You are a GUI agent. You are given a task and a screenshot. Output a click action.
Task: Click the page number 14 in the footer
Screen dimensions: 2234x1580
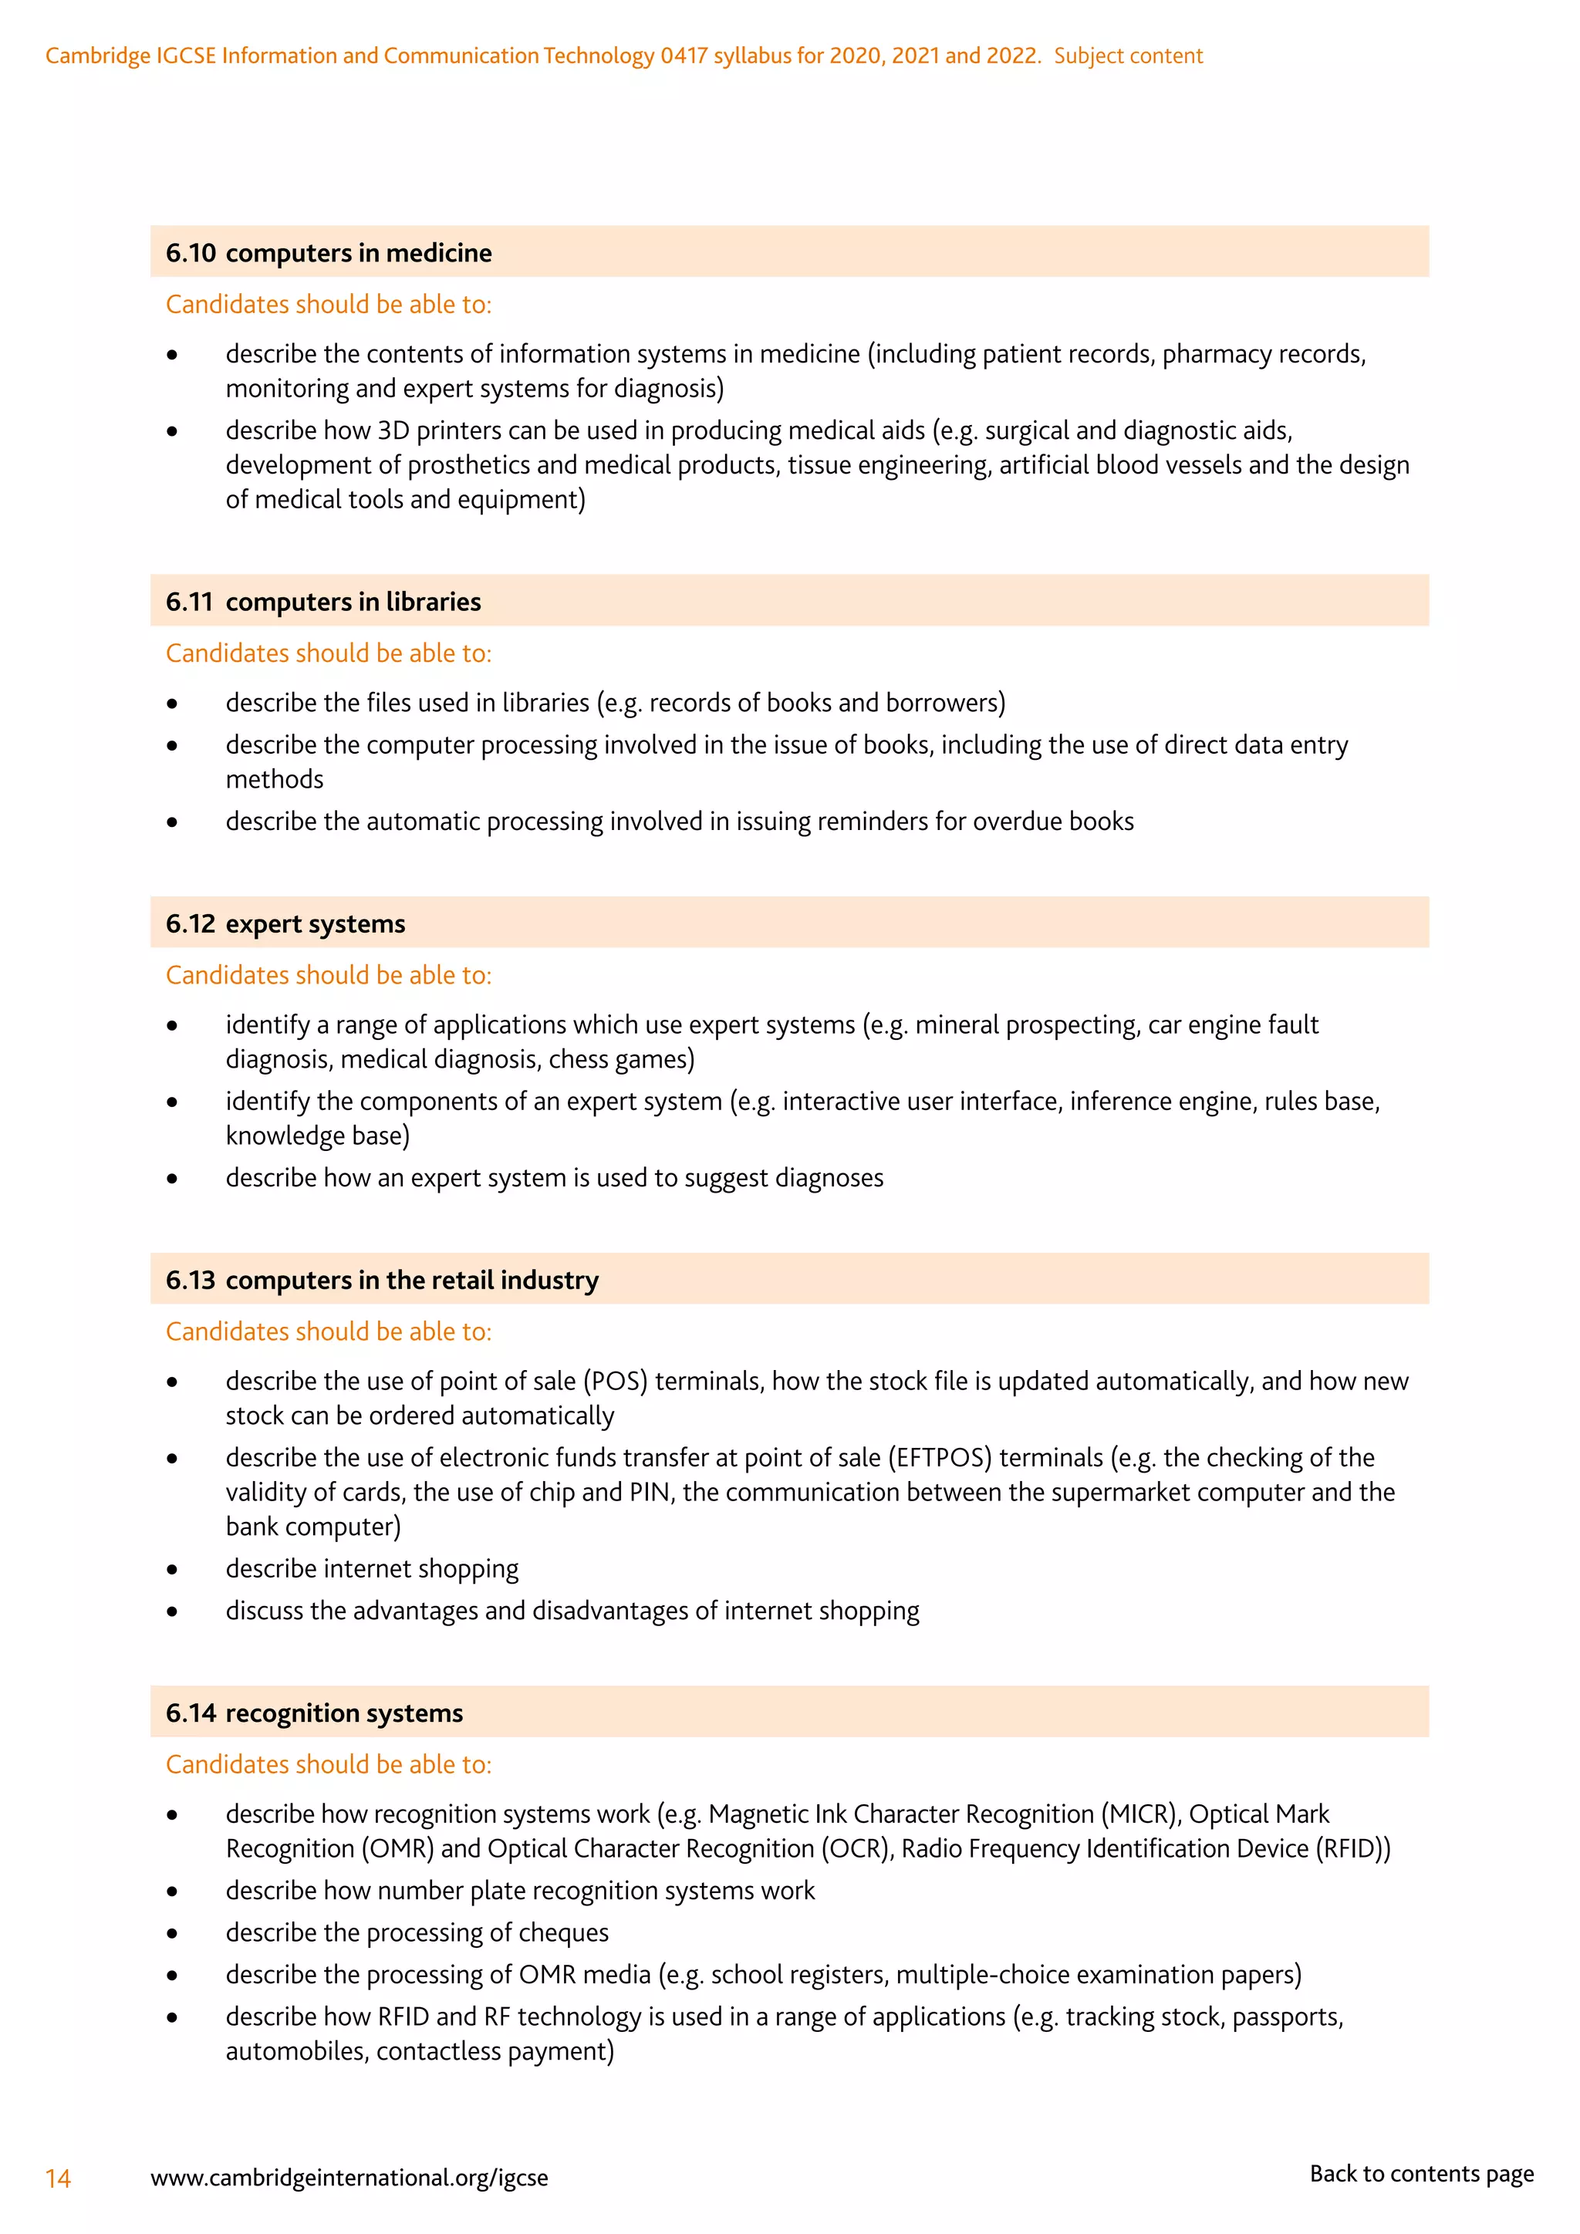click(x=59, y=2178)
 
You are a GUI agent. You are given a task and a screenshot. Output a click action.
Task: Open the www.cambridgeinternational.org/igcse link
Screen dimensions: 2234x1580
click(x=349, y=2178)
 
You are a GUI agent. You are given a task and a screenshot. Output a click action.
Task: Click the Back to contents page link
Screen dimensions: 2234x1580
click(x=1421, y=2173)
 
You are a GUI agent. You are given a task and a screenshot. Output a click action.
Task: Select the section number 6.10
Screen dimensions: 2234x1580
click(x=191, y=253)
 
